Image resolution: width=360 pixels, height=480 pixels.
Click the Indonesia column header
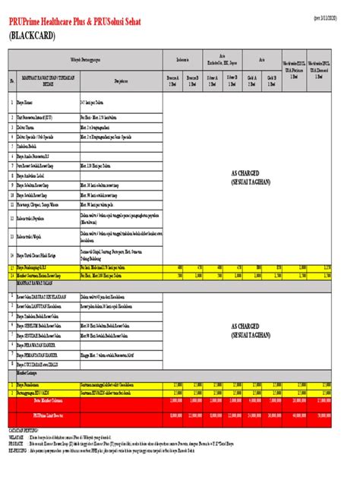pos(182,58)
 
